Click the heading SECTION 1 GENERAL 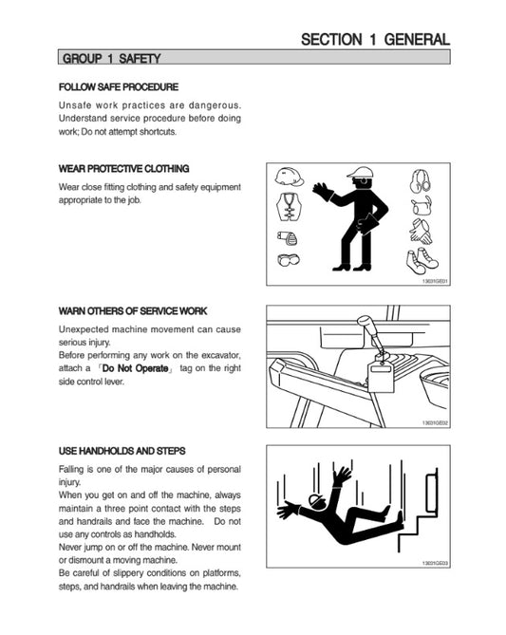pyautogui.click(x=375, y=39)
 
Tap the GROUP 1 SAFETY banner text pyautogui.click(x=111, y=58)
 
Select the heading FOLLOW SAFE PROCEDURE pyautogui.click(x=119, y=87)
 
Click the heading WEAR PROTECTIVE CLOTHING pyautogui.click(x=124, y=168)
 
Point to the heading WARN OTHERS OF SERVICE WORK pyautogui.click(x=133, y=311)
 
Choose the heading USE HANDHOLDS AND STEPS pyautogui.click(x=122, y=451)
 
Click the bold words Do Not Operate pyautogui.click(x=136, y=368)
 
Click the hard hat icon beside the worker pyautogui.click(x=290, y=177)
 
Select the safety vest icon pyautogui.click(x=289, y=206)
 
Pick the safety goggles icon pyautogui.click(x=289, y=259)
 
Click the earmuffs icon pyautogui.click(x=421, y=181)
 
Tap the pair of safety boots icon pyautogui.click(x=422, y=261)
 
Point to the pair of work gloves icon pyautogui.click(x=421, y=232)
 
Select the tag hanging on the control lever pyautogui.click(x=381, y=377)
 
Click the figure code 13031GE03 pyautogui.click(x=435, y=563)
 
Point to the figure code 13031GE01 pyautogui.click(x=435, y=281)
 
